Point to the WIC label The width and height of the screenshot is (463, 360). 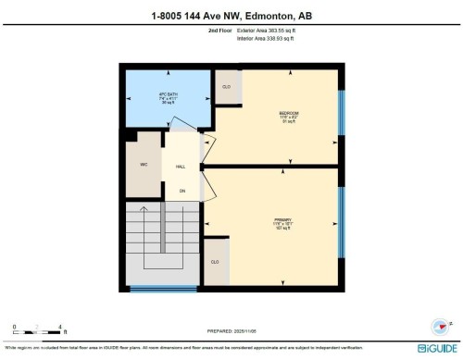pyautogui.click(x=144, y=165)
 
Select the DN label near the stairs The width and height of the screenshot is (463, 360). pyautogui.click(x=181, y=191)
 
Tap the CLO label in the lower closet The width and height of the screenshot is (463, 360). pyautogui.click(x=215, y=261)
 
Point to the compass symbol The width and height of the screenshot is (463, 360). pyautogui.click(x=440, y=325)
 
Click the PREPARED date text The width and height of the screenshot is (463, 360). pyautogui.click(x=231, y=331)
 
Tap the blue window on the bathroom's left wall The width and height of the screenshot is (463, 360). pyautogui.click(x=121, y=96)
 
